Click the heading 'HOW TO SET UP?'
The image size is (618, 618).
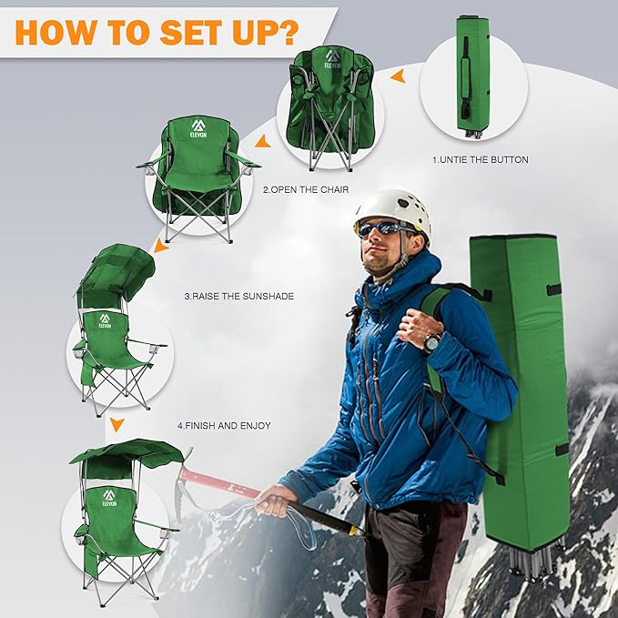pyautogui.click(x=157, y=32)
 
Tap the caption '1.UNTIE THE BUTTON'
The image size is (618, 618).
pyautogui.click(x=480, y=159)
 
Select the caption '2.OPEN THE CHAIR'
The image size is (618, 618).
pyautogui.click(x=306, y=189)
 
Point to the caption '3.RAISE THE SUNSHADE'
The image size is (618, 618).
pyautogui.click(x=239, y=296)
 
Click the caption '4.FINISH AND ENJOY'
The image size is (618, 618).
pyautogui.click(x=224, y=426)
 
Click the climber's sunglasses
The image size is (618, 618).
pyautogui.click(x=384, y=228)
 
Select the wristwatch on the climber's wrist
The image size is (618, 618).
pyautogui.click(x=432, y=342)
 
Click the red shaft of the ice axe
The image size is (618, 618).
pyautogui.click(x=220, y=482)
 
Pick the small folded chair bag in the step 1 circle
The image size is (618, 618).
pyautogui.click(x=473, y=76)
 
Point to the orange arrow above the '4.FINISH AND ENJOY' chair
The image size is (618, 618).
pyautogui.click(x=117, y=425)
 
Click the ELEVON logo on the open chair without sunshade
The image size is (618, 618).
pyautogui.click(x=198, y=129)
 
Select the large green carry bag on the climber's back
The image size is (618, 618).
pyautogui.click(x=521, y=390)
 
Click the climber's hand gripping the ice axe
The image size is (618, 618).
pyautogui.click(x=275, y=501)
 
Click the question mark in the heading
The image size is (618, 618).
pyautogui.click(x=286, y=32)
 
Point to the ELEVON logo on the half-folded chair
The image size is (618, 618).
pyautogui.click(x=332, y=59)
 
